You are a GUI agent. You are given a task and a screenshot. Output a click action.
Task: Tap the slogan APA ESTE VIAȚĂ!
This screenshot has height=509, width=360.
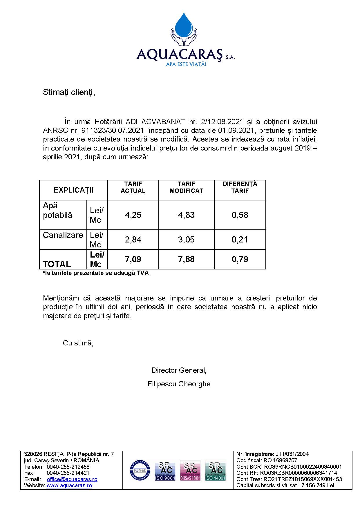click(x=186, y=64)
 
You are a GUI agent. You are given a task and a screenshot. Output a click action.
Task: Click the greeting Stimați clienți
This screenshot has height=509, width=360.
click(x=69, y=92)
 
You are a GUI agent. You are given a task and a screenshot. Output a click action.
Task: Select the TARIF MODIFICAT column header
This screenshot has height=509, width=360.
click(x=186, y=187)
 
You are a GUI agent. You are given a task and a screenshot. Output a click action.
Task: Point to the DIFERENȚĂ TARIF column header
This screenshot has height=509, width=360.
click(x=240, y=187)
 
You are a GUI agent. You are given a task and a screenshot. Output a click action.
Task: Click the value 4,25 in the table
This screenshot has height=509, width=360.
click(x=133, y=215)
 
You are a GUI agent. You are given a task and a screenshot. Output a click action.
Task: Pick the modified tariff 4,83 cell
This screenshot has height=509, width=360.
click(x=186, y=215)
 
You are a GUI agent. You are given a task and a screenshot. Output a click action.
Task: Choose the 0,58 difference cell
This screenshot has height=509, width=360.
click(x=240, y=215)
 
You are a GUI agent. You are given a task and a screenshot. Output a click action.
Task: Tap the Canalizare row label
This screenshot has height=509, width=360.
click(x=63, y=235)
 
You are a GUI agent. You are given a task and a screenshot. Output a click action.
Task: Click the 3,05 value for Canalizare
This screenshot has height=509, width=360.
click(x=186, y=240)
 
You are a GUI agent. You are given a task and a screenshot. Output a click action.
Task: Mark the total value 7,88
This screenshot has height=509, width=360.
click(x=186, y=259)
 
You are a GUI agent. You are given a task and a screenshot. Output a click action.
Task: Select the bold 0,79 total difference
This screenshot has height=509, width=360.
click(x=240, y=259)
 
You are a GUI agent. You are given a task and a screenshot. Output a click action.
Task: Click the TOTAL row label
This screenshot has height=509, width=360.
click(x=57, y=264)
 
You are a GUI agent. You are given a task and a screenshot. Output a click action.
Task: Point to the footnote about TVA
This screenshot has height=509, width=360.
click(x=96, y=273)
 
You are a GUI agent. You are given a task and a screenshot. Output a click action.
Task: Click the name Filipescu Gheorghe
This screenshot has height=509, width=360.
click(x=179, y=384)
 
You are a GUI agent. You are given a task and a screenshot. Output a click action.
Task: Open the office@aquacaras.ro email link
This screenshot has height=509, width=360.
click(x=72, y=479)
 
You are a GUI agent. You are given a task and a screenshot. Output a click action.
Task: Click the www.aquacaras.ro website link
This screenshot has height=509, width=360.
click(x=69, y=486)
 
